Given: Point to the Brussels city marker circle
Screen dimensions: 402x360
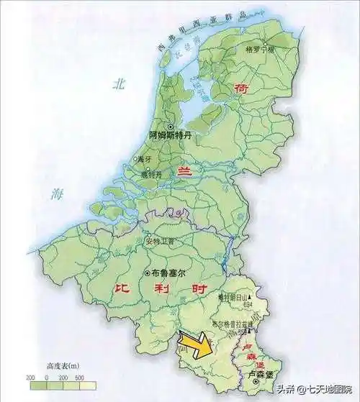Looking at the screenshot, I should [x=148, y=273].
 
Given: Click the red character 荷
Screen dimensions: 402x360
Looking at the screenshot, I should [x=241, y=88].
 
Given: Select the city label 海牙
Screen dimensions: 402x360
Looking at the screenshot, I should [x=143, y=159].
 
